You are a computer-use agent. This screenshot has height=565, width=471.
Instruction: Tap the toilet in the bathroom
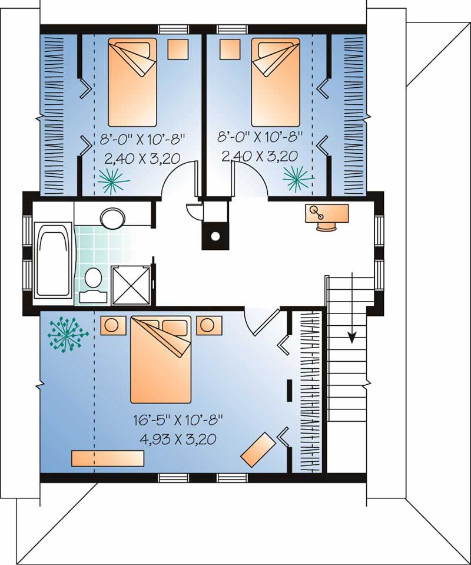92,279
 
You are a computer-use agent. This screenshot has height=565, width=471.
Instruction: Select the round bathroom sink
112,217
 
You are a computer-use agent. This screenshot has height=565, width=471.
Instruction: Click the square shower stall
131,285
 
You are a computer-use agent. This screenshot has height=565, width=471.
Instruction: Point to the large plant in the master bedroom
67,334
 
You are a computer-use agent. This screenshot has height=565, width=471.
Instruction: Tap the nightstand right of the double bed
209,325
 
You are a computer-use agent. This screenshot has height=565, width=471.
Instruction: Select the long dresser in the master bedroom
108,458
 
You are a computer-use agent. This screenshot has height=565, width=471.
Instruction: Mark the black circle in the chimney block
215,236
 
